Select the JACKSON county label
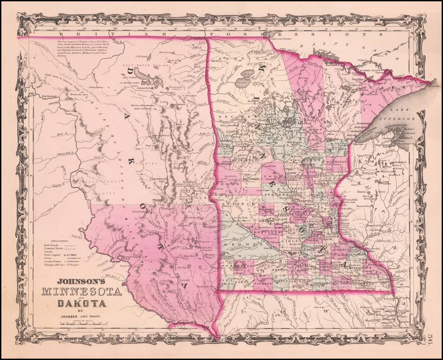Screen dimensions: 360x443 click(263, 284)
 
